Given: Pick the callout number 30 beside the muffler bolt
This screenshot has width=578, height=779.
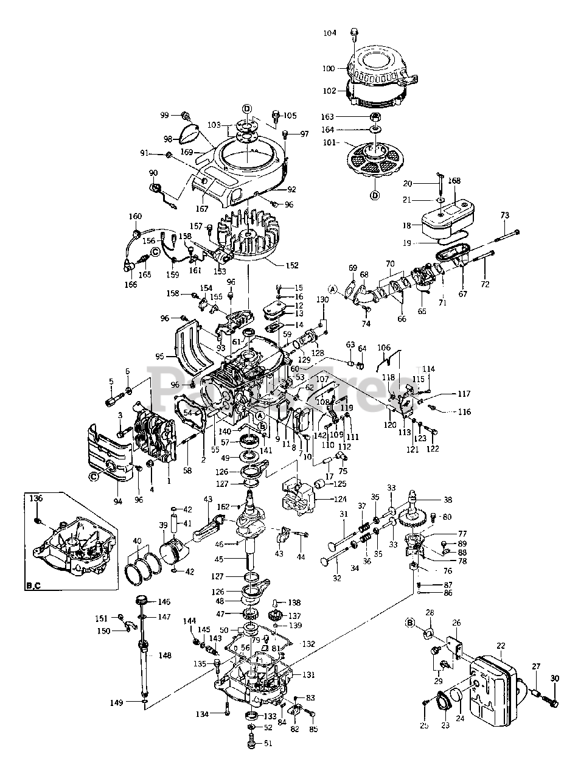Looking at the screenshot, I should [x=554, y=679].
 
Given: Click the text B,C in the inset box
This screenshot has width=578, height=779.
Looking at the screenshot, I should [x=33, y=586].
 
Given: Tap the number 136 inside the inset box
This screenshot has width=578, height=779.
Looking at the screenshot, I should [x=37, y=498].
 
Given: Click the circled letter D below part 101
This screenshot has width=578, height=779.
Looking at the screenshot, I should [x=375, y=195].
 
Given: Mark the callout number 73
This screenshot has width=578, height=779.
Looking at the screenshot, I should [x=504, y=215].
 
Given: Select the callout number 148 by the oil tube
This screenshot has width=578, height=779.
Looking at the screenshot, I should [x=165, y=655].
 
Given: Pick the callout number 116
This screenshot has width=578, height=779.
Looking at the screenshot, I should [x=464, y=412].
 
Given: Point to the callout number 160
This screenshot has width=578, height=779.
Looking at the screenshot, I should [x=135, y=216].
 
